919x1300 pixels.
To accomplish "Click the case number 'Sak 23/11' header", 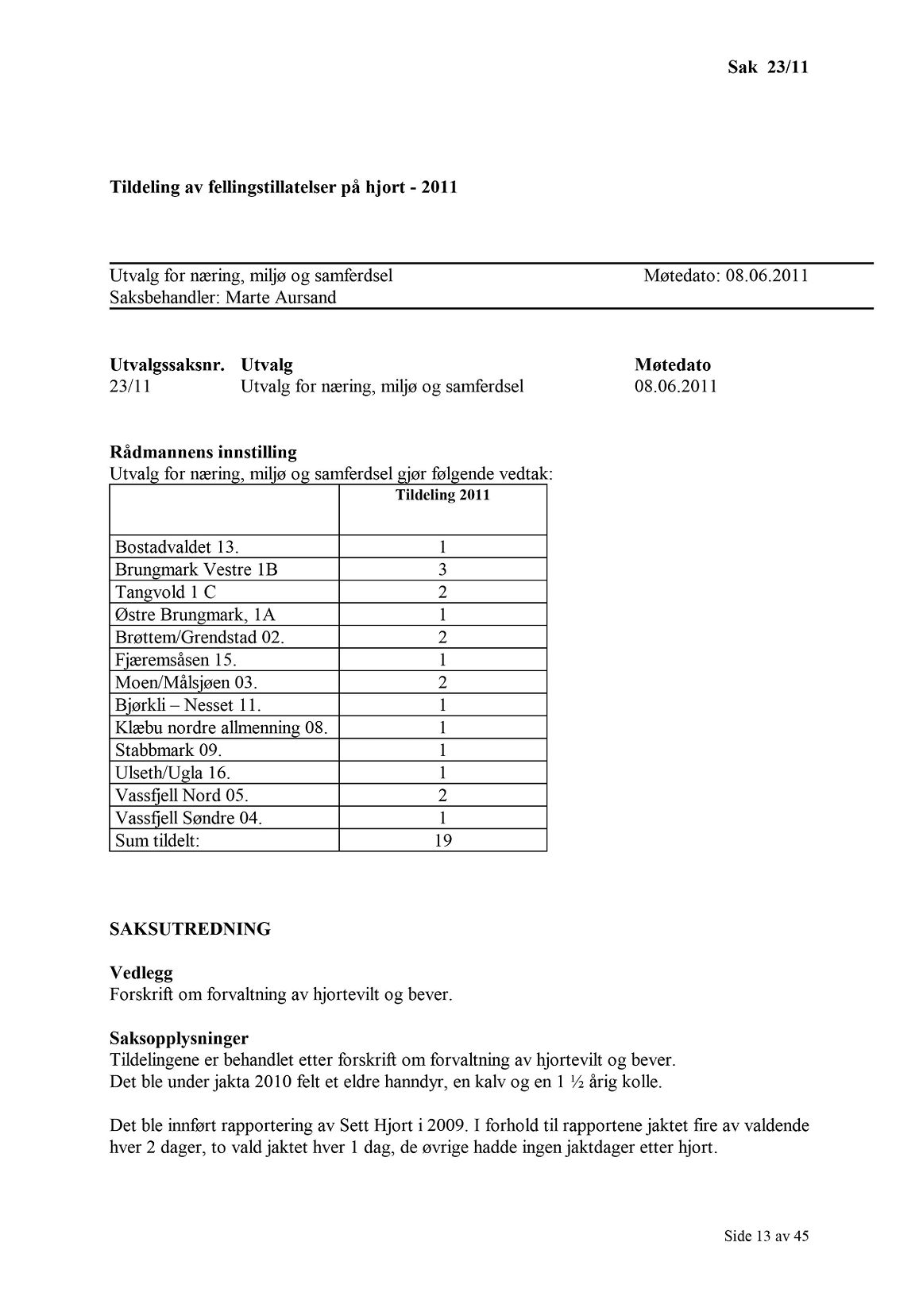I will pos(767,67).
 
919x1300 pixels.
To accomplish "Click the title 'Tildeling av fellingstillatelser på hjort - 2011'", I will pos(283,188).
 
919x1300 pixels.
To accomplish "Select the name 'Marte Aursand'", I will pos(280,298).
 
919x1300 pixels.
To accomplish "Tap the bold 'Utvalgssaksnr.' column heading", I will pos(167,365).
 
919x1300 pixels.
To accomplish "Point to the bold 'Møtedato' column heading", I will pos(673,365).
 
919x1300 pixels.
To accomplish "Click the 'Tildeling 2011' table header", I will pos(442,496).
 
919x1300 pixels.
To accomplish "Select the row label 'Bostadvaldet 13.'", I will pos(177,546).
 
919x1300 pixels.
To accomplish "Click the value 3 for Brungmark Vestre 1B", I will pos(442,569).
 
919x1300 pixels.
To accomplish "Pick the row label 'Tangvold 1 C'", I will pos(165,592).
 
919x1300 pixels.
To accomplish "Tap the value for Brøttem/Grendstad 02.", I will pos(442,637).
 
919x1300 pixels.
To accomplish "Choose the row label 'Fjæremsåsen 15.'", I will pos(176,660).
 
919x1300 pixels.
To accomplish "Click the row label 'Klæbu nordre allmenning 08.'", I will pos(221,727).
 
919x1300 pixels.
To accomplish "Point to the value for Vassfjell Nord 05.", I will pos(442,795).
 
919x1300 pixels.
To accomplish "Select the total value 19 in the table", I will pos(442,840).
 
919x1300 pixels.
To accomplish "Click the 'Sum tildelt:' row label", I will pos(157,840).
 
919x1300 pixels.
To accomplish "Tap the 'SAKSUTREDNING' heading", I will pos(190,929).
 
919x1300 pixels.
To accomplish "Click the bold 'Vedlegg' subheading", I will pos(141,973).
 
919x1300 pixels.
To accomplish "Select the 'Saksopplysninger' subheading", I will pos(179,1038).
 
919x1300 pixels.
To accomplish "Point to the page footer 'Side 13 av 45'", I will pos(766,1236).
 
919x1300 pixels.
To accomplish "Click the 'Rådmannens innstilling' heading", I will pos(203,453).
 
